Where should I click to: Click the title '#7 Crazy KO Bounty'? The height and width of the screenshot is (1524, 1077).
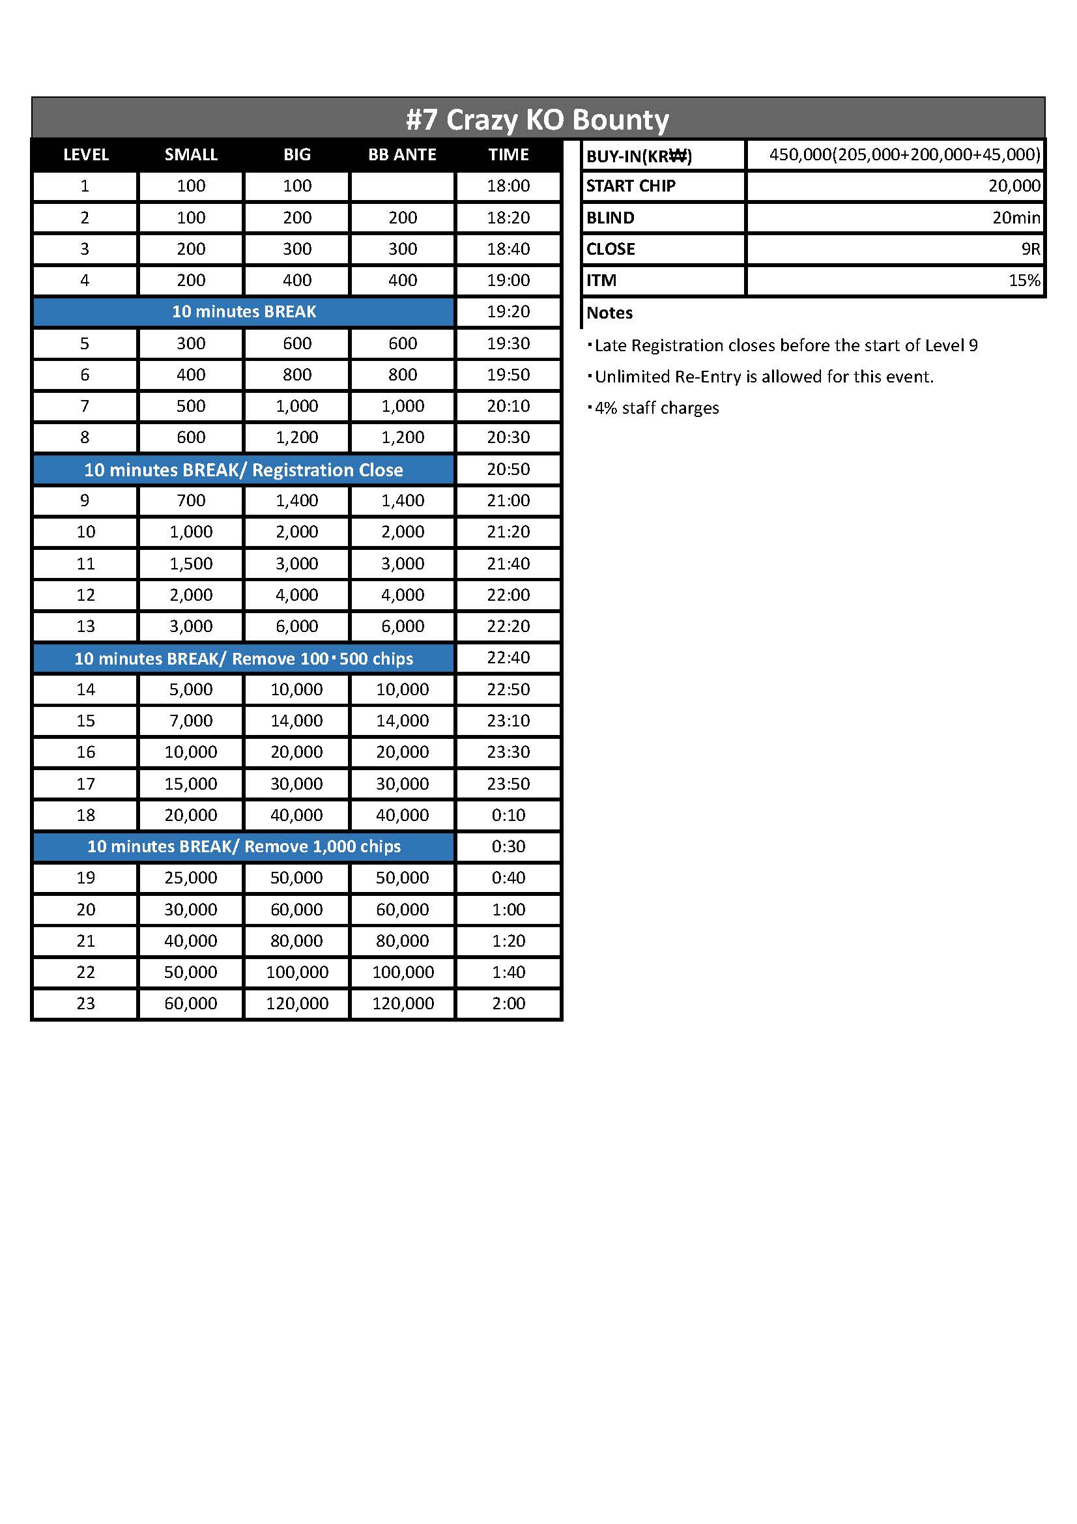coord(538,119)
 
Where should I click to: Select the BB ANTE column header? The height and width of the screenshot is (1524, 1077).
coord(402,154)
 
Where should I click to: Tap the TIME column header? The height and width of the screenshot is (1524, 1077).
coord(508,154)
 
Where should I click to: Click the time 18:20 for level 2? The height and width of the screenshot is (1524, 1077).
coord(508,218)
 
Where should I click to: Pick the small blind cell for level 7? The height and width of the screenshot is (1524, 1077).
coord(190,406)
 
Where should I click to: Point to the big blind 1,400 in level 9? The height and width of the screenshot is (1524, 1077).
coord(296,500)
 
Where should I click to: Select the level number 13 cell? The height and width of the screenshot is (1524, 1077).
coord(85,626)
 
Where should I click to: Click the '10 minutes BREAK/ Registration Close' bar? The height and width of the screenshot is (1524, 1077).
coord(244,470)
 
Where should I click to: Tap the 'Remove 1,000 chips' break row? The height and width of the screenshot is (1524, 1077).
coord(244,846)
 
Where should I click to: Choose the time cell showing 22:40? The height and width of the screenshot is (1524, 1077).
coord(508,658)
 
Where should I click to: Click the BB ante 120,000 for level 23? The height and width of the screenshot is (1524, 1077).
coord(402,1003)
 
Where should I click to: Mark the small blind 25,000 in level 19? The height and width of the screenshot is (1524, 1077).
coord(190,878)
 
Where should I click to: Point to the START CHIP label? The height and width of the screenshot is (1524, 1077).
coord(631,186)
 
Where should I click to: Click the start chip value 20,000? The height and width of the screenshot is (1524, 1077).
coord(1014,186)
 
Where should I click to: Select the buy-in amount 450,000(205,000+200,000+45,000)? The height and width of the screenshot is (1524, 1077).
coord(904,154)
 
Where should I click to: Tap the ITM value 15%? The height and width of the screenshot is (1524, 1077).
coord(1024,280)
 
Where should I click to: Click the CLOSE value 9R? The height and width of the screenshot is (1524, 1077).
coord(1031,249)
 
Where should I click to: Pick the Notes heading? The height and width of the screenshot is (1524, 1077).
coord(609,313)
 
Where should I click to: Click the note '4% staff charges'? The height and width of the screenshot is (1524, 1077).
coord(655,407)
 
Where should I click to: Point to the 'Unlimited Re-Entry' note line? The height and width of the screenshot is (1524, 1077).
coord(763,377)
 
